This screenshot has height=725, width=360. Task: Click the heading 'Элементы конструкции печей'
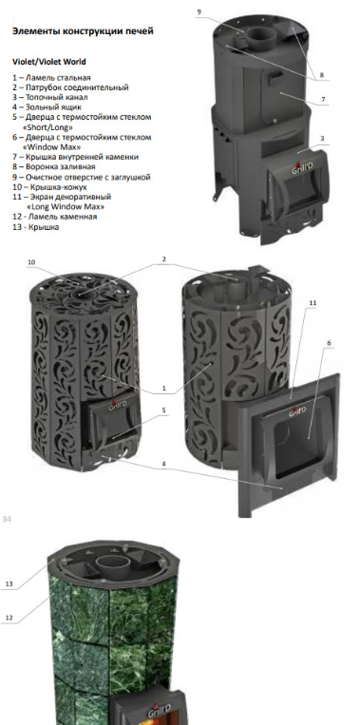(83, 32)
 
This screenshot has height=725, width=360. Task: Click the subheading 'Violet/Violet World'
(48, 62)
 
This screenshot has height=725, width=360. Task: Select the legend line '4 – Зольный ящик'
(47, 107)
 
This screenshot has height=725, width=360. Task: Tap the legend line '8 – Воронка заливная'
(53, 166)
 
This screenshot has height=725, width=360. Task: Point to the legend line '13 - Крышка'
(35, 227)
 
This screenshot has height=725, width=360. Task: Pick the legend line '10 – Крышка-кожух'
(50, 187)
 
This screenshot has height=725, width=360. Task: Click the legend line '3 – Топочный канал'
(50, 97)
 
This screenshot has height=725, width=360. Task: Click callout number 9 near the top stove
(199, 12)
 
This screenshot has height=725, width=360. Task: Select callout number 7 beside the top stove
(324, 99)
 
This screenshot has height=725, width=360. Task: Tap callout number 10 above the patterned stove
(31, 262)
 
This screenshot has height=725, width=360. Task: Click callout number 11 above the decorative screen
(313, 302)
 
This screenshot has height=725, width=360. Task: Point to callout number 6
(329, 343)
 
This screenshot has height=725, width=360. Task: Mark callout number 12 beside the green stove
(9, 618)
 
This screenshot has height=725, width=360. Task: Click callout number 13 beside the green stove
(9, 584)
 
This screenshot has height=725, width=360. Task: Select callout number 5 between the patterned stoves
(164, 410)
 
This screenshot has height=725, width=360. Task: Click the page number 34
(7, 519)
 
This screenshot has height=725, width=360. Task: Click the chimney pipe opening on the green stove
(113, 563)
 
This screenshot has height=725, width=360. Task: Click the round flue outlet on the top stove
(259, 34)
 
